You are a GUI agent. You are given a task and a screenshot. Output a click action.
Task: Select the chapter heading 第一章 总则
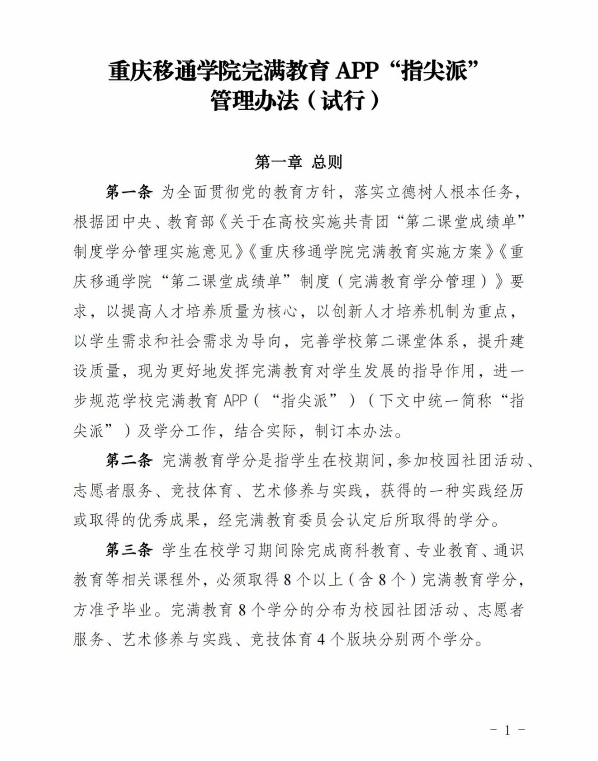(299, 161)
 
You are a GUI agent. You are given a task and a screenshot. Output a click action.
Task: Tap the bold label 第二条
(129, 460)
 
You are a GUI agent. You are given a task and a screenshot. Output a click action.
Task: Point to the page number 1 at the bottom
(507, 730)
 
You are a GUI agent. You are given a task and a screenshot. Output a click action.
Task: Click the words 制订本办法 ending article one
(353, 430)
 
